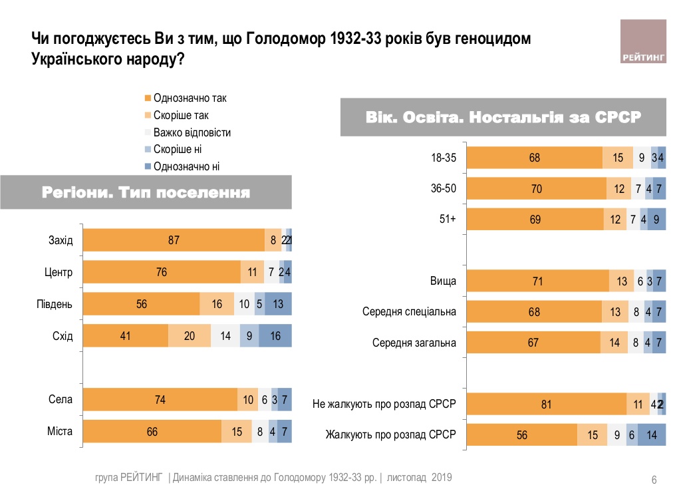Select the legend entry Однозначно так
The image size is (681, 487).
click(190, 98)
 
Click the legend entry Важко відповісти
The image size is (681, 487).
click(192, 132)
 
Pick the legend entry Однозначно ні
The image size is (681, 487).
click(186, 166)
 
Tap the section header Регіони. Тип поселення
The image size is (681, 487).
click(146, 194)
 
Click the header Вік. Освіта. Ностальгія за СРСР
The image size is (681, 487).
click(503, 118)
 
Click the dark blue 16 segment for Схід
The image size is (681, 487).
click(275, 336)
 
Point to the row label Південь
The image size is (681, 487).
click(55, 304)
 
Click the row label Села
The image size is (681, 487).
click(61, 400)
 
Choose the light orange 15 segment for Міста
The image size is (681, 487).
click(237, 432)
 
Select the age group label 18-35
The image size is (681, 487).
click(444, 158)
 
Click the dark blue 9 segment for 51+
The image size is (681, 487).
click(656, 219)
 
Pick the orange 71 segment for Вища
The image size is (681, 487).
click(537, 281)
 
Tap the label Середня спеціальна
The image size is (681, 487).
click(409, 312)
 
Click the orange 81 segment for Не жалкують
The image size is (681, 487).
click(546, 404)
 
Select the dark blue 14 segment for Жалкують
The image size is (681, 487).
click(652, 436)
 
